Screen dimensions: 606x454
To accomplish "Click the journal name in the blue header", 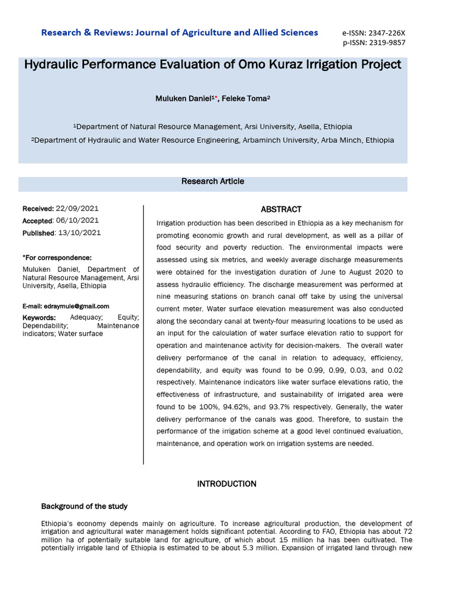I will (180, 33).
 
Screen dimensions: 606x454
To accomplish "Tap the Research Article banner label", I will (212, 182).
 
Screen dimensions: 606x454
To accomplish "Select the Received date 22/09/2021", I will (77, 208).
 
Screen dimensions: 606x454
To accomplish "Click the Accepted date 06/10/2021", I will (77, 220).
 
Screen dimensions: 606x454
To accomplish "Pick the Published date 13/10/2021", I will (80, 233).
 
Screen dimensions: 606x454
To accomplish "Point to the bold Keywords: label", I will (39, 318).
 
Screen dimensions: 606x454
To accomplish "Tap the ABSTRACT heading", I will (281, 209).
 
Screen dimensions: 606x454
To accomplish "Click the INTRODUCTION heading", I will (226, 484).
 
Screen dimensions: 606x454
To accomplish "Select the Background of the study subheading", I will (84, 507).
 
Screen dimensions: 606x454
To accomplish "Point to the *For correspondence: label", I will (57, 257).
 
